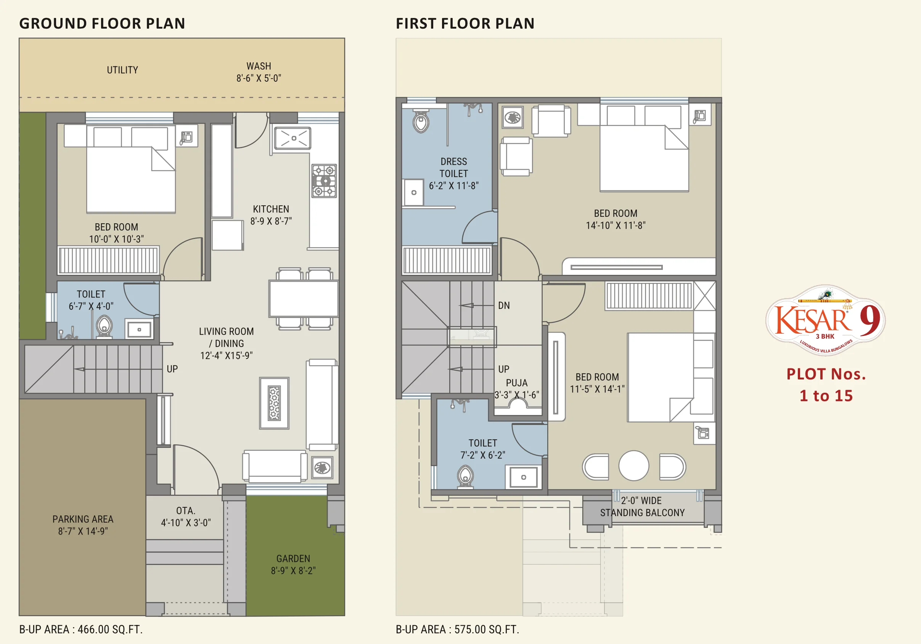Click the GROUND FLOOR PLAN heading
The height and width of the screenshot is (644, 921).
pyautogui.click(x=102, y=23)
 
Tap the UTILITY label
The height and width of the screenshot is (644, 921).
pyautogui.click(x=122, y=70)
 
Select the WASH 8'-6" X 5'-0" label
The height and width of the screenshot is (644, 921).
pyautogui.click(x=259, y=72)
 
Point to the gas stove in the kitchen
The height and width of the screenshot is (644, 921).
pyautogui.click(x=324, y=181)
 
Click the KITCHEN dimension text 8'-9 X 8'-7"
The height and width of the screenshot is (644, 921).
pyautogui.click(x=271, y=221)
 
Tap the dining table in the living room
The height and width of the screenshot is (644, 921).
pyautogui.click(x=304, y=299)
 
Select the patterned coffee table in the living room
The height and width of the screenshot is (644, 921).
pyautogui.click(x=274, y=403)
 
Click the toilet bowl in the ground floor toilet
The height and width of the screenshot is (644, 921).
pyautogui.click(x=104, y=327)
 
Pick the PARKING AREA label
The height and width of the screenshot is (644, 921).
pyautogui.click(x=83, y=519)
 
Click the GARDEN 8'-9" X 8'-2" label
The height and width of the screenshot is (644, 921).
pyautogui.click(x=293, y=565)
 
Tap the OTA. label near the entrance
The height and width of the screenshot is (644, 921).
pyautogui.click(x=186, y=511)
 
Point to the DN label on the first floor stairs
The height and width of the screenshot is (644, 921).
pyautogui.click(x=504, y=305)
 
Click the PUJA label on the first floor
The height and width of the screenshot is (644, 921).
pyautogui.click(x=517, y=383)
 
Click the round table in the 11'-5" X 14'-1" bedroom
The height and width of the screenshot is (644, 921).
pyautogui.click(x=634, y=466)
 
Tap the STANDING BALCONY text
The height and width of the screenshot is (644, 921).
pyautogui.click(x=642, y=513)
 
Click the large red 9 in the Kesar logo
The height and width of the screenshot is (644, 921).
pyautogui.click(x=870, y=320)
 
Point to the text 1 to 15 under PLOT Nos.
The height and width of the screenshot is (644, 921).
pyautogui.click(x=826, y=396)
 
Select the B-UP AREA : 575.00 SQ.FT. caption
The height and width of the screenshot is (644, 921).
pyautogui.click(x=457, y=629)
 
